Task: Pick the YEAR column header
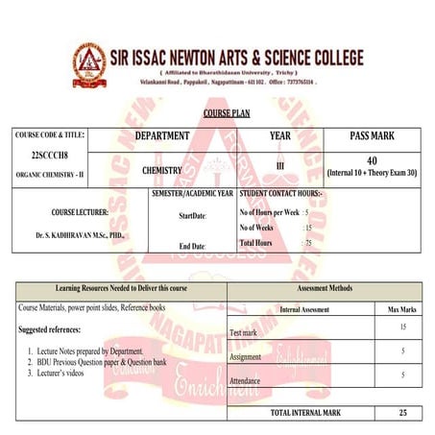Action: tap(280, 136)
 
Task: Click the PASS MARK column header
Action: tap(372, 136)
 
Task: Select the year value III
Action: tap(280, 165)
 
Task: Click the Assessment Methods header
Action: tap(326, 288)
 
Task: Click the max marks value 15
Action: tap(402, 327)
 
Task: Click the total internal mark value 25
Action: tap(402, 412)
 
